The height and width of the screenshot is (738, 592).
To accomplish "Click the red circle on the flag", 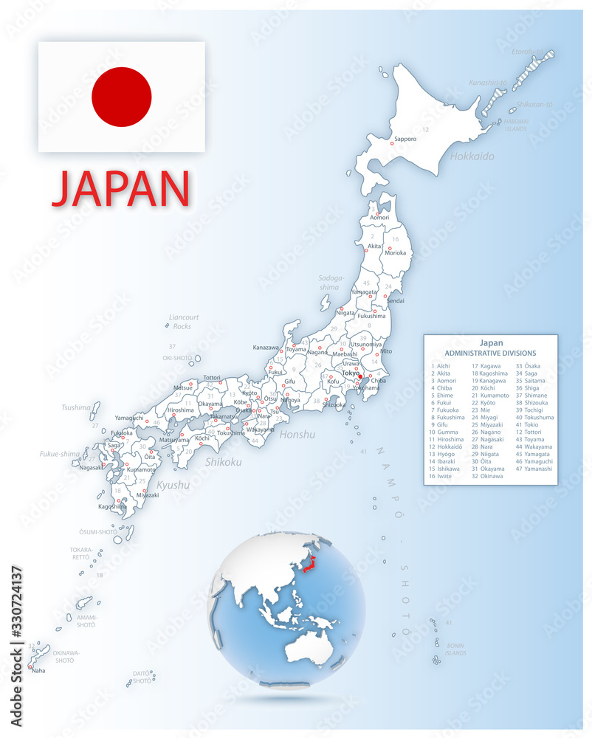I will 122,97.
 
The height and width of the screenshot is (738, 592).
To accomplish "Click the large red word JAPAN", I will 121,189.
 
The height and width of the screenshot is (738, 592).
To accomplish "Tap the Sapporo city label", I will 405,139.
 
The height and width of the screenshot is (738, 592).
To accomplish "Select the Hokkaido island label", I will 472,156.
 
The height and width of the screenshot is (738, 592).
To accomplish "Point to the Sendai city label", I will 396,301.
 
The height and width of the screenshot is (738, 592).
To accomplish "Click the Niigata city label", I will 345,313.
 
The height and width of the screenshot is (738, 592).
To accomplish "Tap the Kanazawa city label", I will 266,347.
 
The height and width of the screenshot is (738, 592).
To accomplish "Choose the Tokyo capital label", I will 351,373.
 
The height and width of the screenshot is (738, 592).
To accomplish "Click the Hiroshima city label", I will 181,410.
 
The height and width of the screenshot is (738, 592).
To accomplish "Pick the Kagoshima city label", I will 112,506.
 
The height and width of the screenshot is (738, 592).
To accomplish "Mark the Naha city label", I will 38,670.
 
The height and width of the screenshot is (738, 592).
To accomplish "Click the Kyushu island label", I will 173,485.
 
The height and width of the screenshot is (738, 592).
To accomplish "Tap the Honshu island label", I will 297,435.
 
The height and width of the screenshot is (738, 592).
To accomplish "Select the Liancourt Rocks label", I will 182,322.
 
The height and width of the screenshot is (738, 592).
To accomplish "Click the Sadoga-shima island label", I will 331,283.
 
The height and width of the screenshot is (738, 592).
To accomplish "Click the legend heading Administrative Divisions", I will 491,354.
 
